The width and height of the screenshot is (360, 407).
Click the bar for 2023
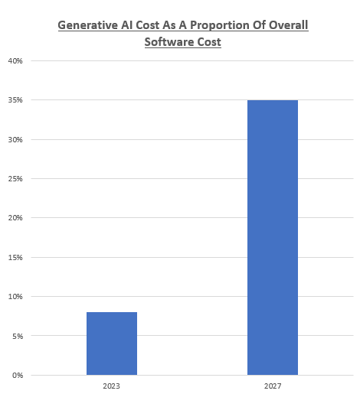(112, 344)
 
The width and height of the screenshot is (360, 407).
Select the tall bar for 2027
(273, 237)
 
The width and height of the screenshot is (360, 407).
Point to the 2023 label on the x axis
(112, 387)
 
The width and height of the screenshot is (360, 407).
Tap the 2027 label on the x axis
(273, 387)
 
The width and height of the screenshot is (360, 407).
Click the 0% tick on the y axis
(16, 375)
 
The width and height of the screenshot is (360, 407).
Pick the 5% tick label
(16, 336)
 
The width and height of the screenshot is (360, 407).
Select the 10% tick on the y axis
(15, 296)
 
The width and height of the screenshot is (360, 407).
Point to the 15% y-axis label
(15, 257)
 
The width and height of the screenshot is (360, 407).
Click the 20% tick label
(15, 218)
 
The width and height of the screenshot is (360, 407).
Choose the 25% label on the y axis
(15, 179)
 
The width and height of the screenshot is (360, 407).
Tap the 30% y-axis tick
(15, 139)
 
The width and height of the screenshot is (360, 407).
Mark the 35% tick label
(15, 100)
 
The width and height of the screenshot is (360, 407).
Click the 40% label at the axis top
(15, 61)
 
